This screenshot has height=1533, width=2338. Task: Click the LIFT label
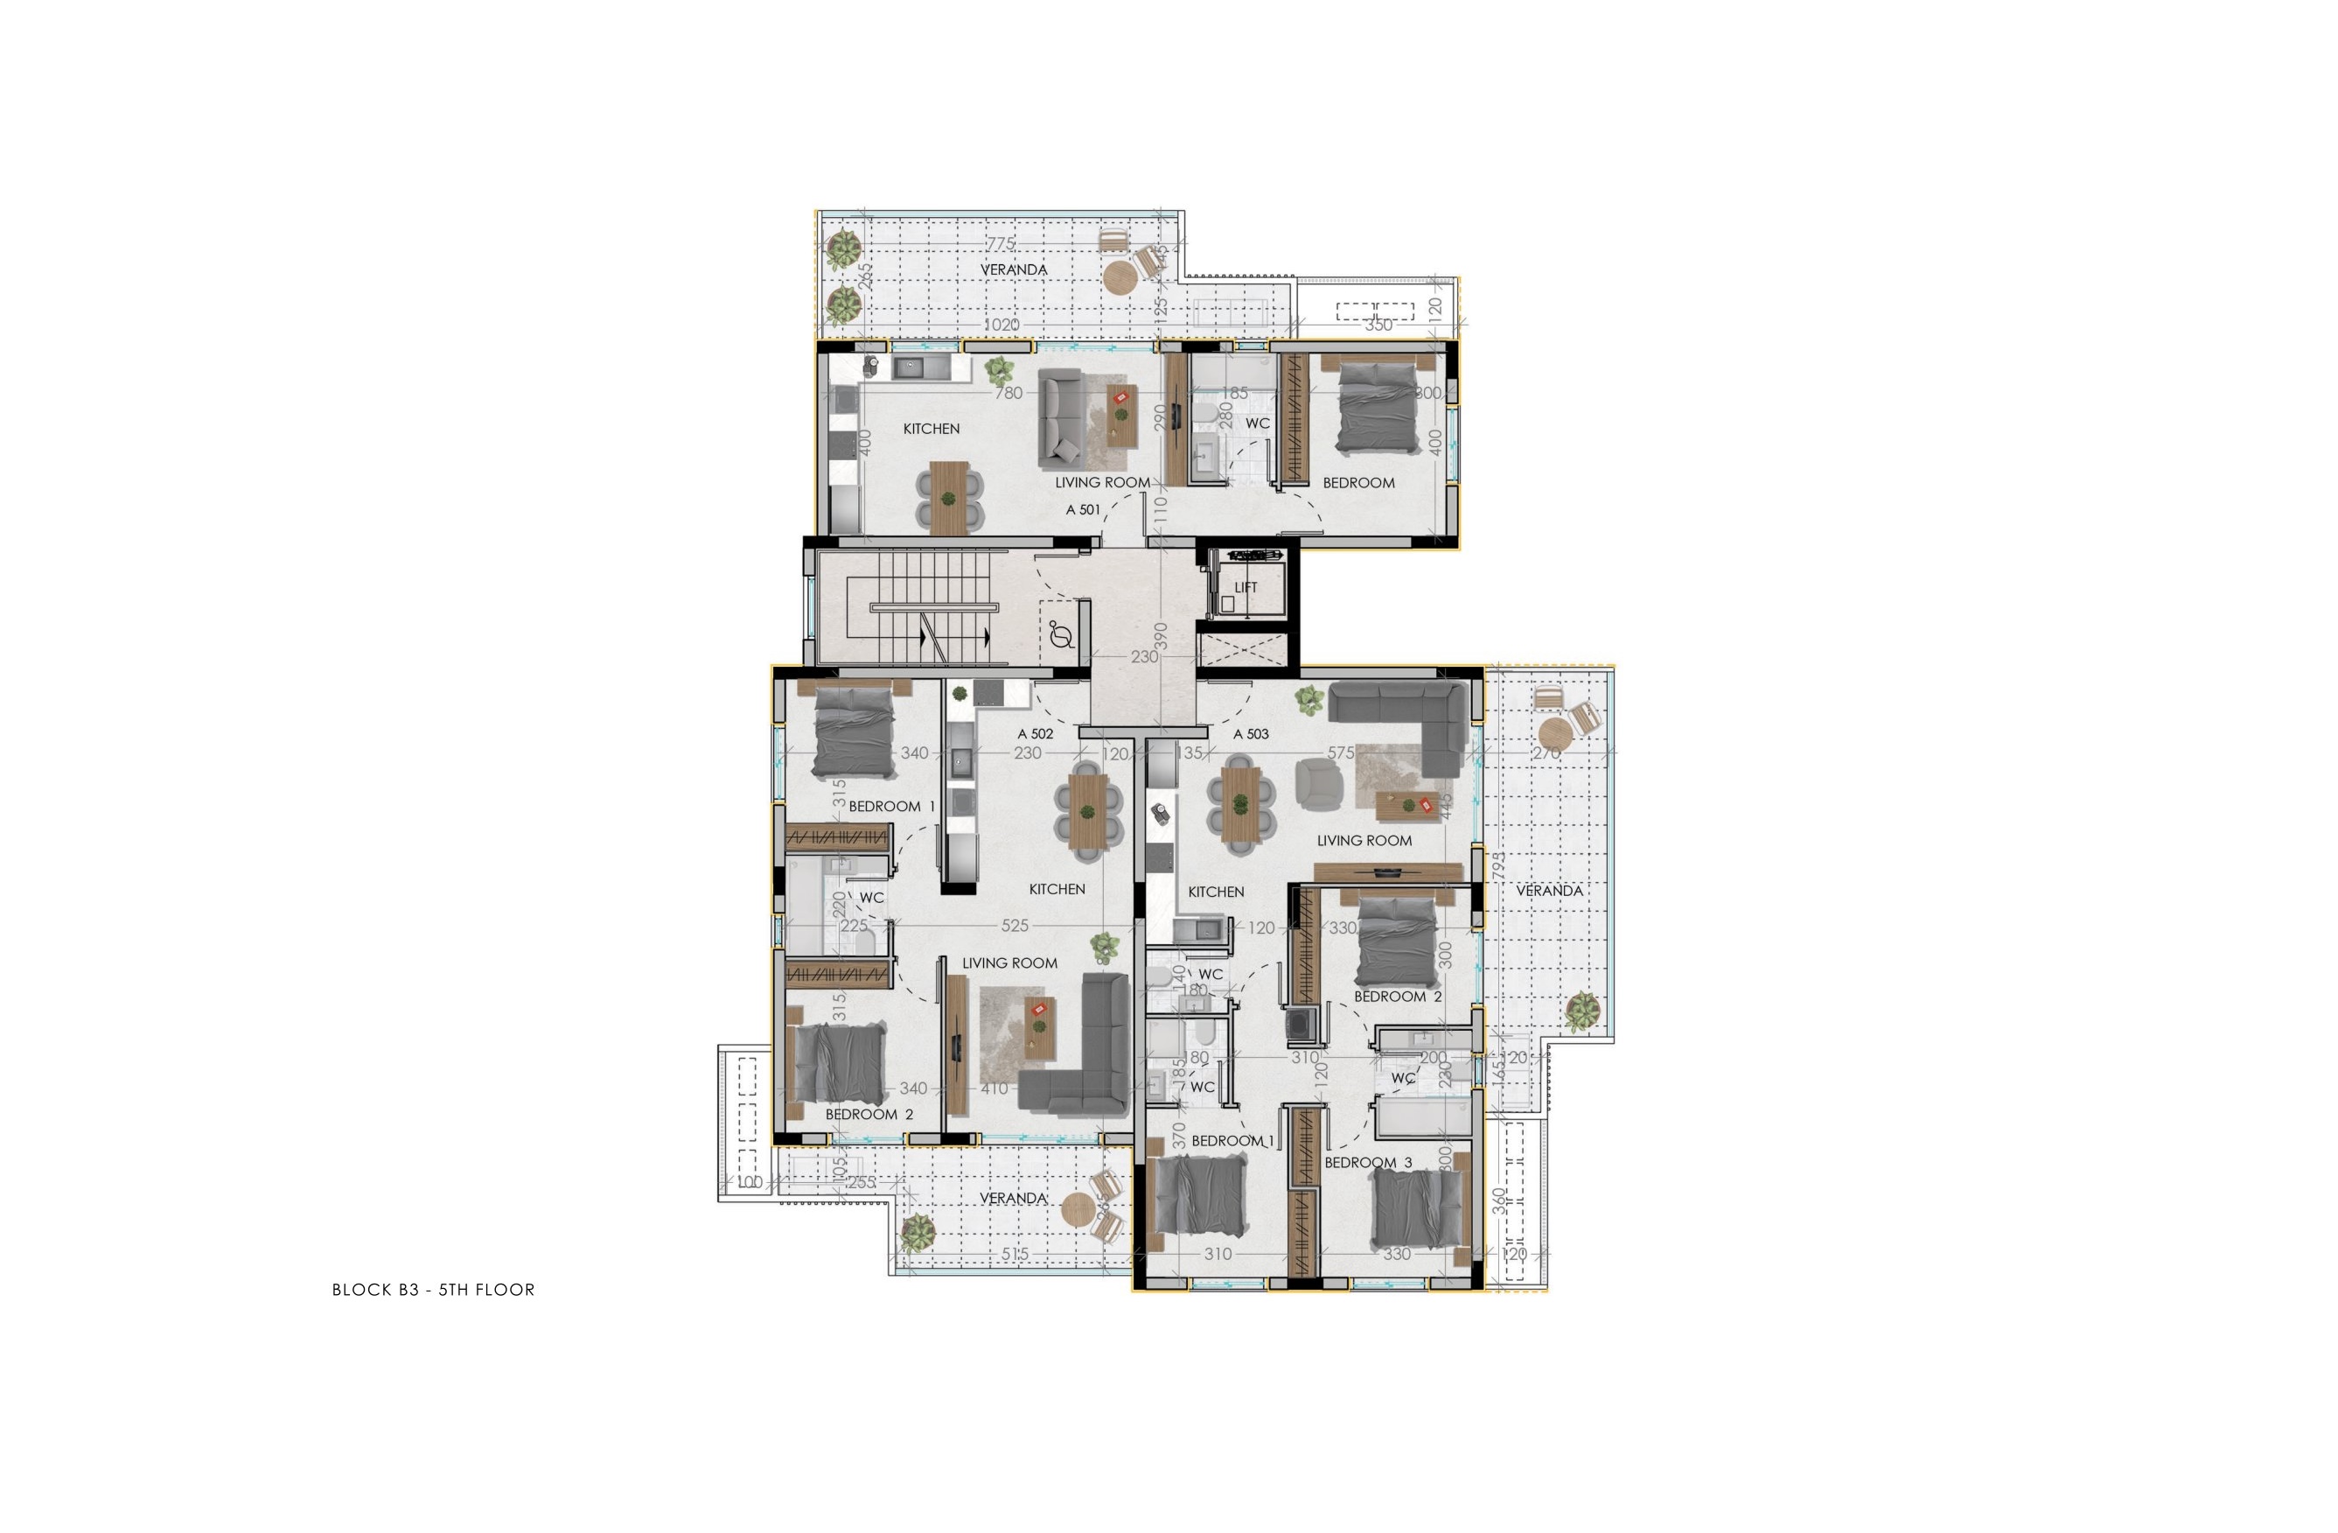(x=1246, y=588)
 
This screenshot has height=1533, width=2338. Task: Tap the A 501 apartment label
(x=1084, y=510)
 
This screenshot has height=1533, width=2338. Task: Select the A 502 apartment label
(x=1036, y=734)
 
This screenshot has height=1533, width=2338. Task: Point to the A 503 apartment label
(x=1251, y=734)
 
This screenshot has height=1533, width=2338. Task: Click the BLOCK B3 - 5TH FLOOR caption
(x=433, y=1291)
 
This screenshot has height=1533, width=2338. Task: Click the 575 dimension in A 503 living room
(x=1341, y=753)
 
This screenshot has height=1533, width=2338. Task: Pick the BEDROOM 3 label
(x=1367, y=1163)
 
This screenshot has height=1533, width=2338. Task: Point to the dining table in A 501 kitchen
(x=948, y=498)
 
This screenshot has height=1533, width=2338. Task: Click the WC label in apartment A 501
(x=1258, y=423)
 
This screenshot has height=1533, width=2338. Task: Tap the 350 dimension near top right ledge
(x=1378, y=325)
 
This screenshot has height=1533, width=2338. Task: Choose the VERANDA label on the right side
(x=1549, y=891)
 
